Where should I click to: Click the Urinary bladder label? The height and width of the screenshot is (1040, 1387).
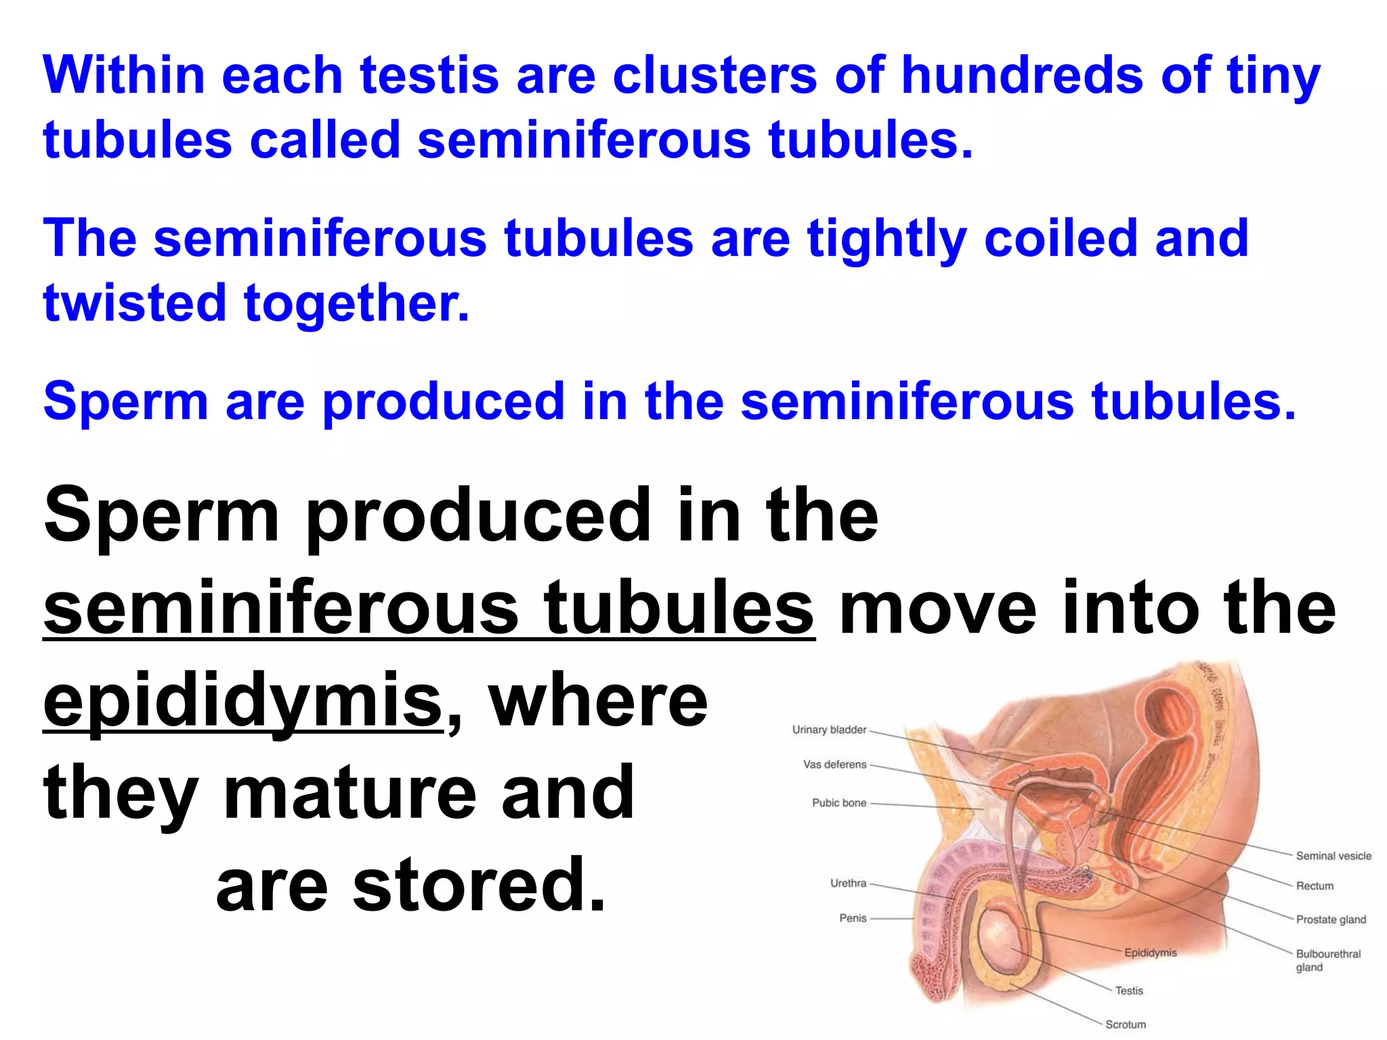point(829,729)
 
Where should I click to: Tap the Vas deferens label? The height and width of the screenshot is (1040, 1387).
point(834,764)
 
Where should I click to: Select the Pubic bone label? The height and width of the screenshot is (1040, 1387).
point(839,802)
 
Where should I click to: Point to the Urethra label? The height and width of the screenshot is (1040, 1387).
point(848,883)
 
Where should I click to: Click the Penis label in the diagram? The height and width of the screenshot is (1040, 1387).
point(853,918)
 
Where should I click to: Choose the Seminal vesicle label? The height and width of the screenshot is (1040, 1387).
point(1333,856)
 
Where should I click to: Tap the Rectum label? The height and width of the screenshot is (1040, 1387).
point(1315,886)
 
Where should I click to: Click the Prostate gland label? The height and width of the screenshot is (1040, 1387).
point(1331,919)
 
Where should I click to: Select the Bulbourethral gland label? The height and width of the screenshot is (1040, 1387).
point(1327,960)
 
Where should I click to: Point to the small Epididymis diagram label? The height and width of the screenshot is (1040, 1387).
point(1150,953)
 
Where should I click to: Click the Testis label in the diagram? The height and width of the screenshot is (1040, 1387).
point(1129,991)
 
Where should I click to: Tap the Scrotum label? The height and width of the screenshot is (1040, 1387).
point(1126,1024)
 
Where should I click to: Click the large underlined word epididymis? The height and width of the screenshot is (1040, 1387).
point(242,701)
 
